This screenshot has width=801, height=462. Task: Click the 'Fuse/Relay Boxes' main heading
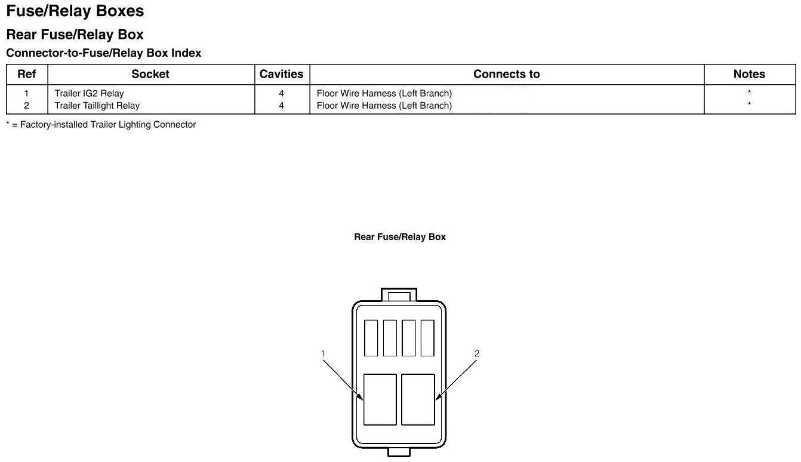pos(75,11)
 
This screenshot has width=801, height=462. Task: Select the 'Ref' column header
pos(26,74)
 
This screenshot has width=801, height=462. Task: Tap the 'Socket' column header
pos(150,74)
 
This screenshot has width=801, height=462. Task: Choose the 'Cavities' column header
pos(281,74)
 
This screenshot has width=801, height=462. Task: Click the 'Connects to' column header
pos(506,74)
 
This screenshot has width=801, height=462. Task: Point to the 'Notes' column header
pos(749,74)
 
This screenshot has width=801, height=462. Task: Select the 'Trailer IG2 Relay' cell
pos(90,93)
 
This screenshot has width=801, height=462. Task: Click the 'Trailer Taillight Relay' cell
pos(97,106)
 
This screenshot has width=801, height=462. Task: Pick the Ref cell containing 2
pos(26,106)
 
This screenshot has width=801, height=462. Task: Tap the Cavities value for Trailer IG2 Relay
pos(281,93)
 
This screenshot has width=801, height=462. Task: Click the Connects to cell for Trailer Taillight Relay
pos(384,106)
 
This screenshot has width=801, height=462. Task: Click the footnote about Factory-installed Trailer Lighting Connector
pos(101,125)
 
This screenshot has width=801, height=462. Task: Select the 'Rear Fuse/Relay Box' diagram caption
pos(400,237)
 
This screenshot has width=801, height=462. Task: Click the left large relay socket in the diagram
pos(380,399)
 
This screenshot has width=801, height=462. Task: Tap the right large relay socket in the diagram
pos(418,399)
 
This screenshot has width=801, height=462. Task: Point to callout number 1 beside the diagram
pos(323,354)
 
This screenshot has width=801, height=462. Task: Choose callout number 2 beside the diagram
pos(476,353)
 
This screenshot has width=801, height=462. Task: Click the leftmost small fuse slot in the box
pos(371,338)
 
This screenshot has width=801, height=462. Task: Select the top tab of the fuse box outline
pos(399,295)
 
